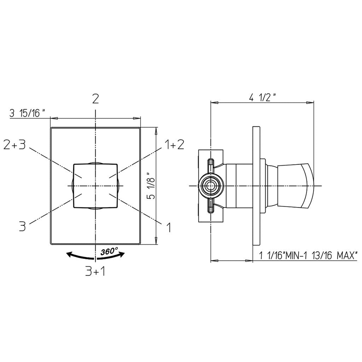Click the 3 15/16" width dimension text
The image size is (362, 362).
click(28, 113)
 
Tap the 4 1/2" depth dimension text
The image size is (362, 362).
click(262, 97)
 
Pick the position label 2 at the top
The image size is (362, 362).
click(95, 99)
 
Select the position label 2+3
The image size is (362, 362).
click(15, 145)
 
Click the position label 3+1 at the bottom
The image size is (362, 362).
click(95, 272)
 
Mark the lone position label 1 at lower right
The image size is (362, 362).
click(169, 227)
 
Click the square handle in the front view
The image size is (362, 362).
click(95, 186)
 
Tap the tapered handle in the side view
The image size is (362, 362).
click(296, 186)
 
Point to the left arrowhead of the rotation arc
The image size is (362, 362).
click(69, 255)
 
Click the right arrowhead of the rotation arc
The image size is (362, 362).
click(122, 254)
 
